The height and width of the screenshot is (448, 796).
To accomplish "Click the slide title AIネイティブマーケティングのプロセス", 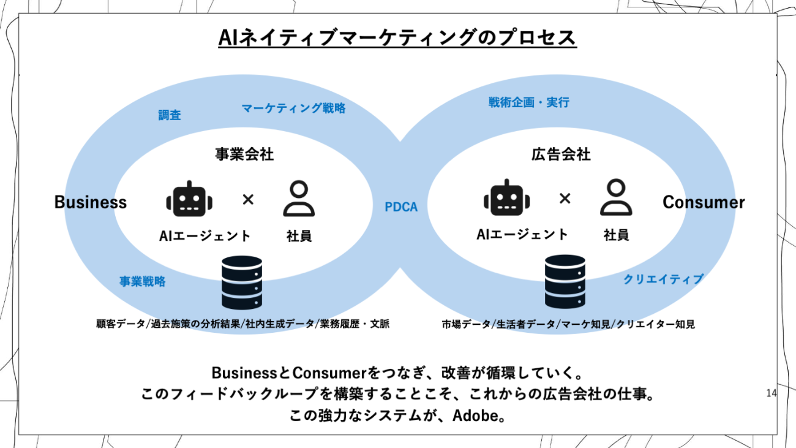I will click(x=397, y=38).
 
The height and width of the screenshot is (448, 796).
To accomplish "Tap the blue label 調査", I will click(x=170, y=115).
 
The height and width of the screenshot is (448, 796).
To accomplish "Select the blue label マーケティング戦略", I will click(x=293, y=108).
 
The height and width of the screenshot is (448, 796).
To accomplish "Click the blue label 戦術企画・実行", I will click(x=528, y=102).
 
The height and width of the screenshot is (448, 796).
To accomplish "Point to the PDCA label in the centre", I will click(x=401, y=207).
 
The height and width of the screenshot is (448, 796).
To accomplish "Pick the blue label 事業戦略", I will click(x=142, y=282).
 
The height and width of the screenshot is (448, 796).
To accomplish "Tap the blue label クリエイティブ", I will click(x=663, y=279).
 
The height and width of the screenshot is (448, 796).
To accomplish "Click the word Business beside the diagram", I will click(x=91, y=202).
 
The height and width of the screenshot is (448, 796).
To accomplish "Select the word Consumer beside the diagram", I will click(x=704, y=202).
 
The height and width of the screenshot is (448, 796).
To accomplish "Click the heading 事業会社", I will click(x=244, y=154).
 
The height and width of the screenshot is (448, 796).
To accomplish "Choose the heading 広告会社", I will click(x=561, y=154).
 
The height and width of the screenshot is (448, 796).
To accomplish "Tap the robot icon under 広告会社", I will click(x=506, y=198).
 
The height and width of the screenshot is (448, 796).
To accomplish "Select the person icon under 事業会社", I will click(x=299, y=199).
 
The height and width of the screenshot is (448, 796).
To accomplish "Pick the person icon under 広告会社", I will click(x=615, y=197).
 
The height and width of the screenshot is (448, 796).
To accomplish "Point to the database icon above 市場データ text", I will click(x=565, y=281).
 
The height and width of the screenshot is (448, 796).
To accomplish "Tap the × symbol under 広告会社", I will click(x=565, y=198).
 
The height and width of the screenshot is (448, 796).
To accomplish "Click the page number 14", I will click(x=771, y=393).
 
